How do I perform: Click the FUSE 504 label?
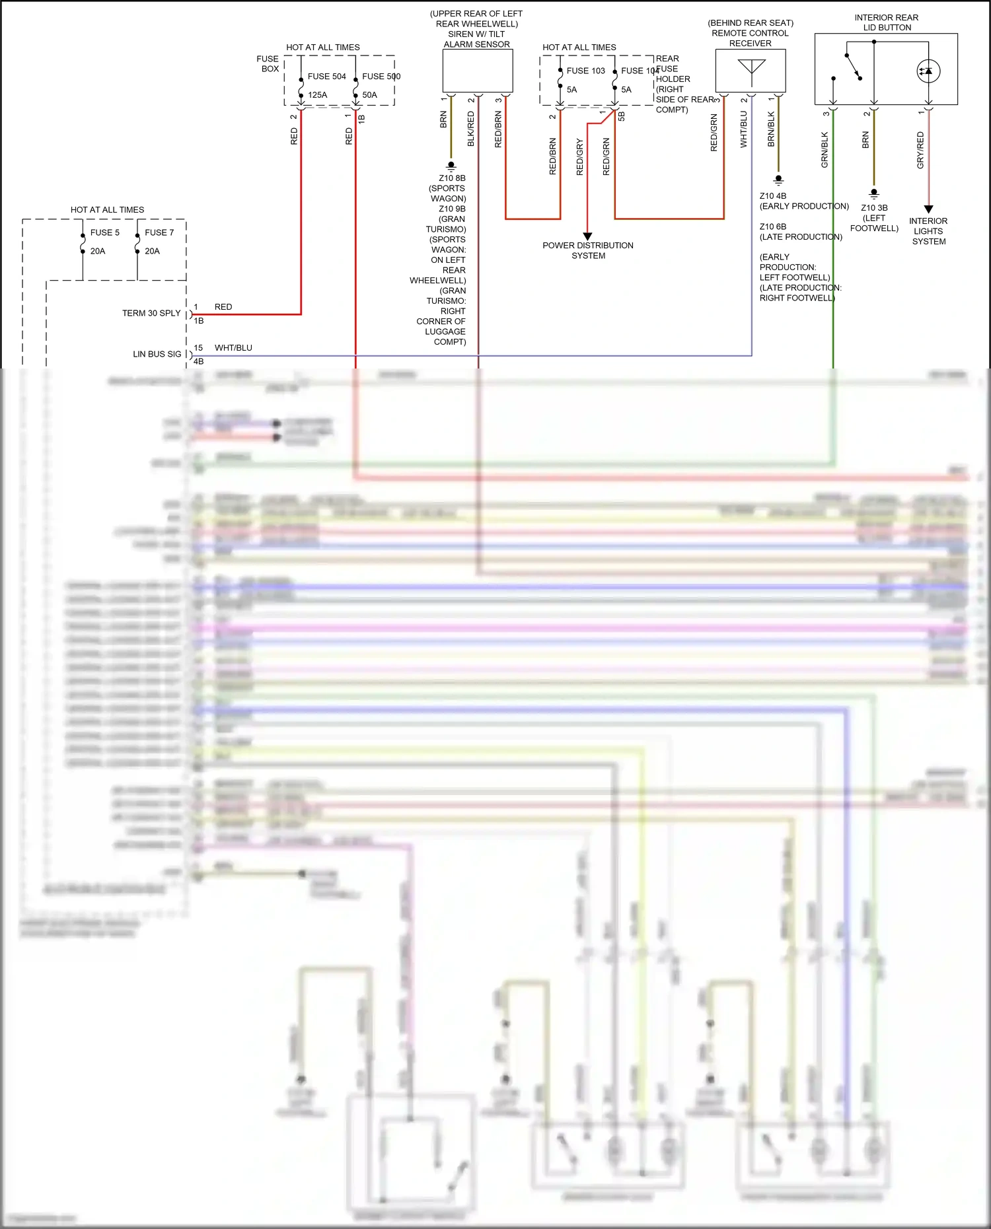coord(326,77)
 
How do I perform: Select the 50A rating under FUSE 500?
coord(369,95)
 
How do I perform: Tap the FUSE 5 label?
coord(104,232)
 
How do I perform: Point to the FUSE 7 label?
coord(159,232)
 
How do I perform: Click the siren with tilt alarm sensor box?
coord(477,71)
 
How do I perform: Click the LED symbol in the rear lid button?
coord(928,71)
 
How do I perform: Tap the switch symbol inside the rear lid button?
coord(853,67)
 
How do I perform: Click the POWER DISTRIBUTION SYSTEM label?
coord(588,250)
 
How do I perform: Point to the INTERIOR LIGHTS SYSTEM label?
coord(928,231)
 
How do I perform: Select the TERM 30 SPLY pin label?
coord(151,313)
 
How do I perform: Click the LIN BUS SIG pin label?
coord(157,354)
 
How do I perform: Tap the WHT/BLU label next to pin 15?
coord(233,348)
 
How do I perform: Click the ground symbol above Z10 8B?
coord(451,166)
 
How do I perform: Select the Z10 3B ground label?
coord(874,208)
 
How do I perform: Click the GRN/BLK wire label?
coord(825,150)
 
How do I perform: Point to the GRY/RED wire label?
coord(920,150)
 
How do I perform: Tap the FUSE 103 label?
coord(585,71)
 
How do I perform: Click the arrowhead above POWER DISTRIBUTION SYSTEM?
coord(587,236)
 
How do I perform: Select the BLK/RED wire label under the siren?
coord(471,129)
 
